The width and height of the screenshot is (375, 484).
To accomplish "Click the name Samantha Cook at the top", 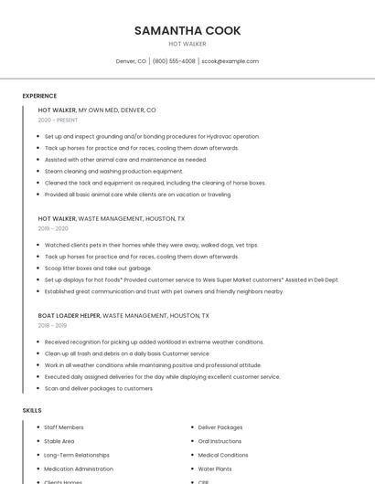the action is click(x=187, y=30).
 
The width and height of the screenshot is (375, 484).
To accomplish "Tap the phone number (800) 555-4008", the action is click(x=174, y=61).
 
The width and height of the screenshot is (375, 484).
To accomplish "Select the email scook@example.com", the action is click(x=230, y=61).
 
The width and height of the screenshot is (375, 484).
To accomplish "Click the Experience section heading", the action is click(x=39, y=96).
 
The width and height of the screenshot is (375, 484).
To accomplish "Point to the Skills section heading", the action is click(x=32, y=411).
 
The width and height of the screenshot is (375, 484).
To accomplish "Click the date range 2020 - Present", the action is click(x=58, y=120).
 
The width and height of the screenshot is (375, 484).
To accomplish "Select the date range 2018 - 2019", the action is click(x=52, y=325).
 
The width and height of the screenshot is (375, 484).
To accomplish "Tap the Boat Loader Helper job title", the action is click(x=70, y=315).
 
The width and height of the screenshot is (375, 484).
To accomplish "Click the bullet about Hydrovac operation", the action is click(x=152, y=136).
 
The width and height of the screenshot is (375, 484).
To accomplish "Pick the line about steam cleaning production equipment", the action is click(x=113, y=171).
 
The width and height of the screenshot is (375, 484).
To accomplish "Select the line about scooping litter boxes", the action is click(x=98, y=268).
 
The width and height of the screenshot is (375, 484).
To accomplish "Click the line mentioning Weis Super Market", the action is click(x=191, y=279).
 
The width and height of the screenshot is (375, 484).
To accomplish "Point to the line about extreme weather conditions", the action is click(x=154, y=342).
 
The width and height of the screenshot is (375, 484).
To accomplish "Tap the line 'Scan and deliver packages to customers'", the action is click(x=99, y=388).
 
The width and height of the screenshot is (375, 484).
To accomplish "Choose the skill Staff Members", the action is click(x=64, y=427).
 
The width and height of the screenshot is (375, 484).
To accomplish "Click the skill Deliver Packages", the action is click(x=220, y=427).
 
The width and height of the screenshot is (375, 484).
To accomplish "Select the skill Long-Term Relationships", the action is click(x=77, y=455).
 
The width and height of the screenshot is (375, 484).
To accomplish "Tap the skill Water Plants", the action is click(x=215, y=468).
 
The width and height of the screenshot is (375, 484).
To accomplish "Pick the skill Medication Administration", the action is click(x=79, y=468).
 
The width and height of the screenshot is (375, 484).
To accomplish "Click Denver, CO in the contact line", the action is click(x=131, y=61).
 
